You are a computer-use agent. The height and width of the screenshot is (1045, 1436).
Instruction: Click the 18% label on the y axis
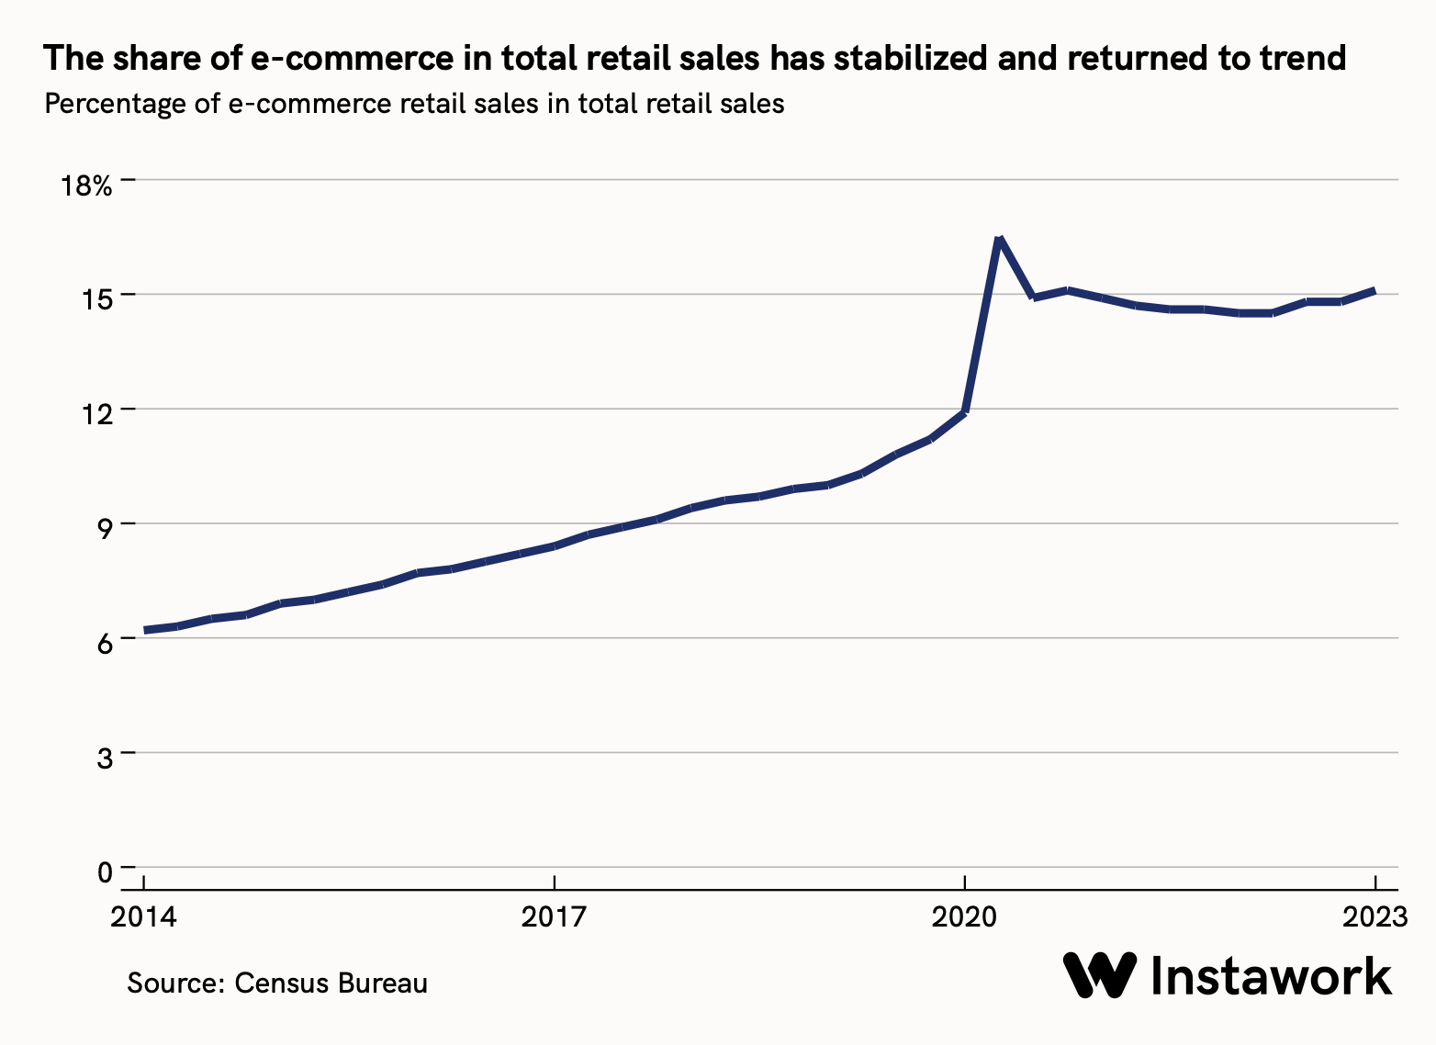click(x=85, y=186)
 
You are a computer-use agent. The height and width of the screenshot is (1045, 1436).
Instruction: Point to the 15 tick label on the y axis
click(x=97, y=298)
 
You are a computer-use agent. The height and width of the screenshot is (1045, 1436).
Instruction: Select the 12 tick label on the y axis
click(x=97, y=413)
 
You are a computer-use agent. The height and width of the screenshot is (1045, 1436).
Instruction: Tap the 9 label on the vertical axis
click(x=103, y=528)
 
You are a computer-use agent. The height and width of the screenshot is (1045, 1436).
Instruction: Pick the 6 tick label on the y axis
click(x=103, y=643)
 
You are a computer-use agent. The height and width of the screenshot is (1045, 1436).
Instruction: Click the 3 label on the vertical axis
click(x=103, y=758)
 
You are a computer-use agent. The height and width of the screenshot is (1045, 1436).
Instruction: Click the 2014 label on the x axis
click(x=144, y=917)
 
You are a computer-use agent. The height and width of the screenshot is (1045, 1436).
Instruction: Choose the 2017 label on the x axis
click(x=554, y=917)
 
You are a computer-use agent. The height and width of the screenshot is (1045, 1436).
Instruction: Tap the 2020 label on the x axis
click(x=964, y=917)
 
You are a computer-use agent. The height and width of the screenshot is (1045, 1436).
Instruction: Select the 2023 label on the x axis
click(x=1374, y=917)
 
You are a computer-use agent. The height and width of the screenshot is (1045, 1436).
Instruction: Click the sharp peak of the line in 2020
click(x=998, y=239)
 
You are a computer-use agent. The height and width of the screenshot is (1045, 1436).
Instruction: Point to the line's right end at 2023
click(x=1374, y=290)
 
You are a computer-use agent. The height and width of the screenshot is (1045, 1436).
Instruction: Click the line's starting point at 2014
click(x=145, y=631)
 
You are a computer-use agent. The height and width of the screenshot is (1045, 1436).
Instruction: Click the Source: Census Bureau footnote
click(x=277, y=983)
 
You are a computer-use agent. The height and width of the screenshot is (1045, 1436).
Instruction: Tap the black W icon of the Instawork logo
click(x=1100, y=975)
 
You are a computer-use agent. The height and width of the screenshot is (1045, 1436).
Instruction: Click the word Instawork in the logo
click(x=1272, y=975)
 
